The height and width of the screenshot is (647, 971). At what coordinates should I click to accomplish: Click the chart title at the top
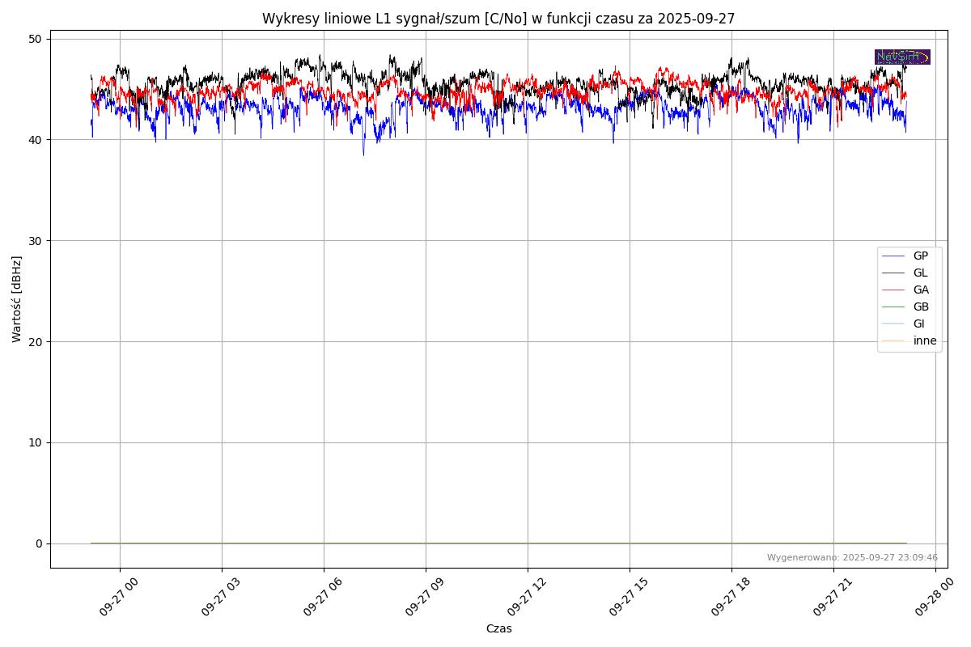[498, 19]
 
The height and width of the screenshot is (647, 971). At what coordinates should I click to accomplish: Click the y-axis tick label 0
[38, 543]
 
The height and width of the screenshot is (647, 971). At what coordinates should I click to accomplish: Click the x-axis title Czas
[498, 629]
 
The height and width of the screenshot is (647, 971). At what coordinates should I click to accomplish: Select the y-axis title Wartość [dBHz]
[17, 299]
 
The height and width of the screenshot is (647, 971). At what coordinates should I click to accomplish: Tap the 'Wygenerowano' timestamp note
[852, 558]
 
